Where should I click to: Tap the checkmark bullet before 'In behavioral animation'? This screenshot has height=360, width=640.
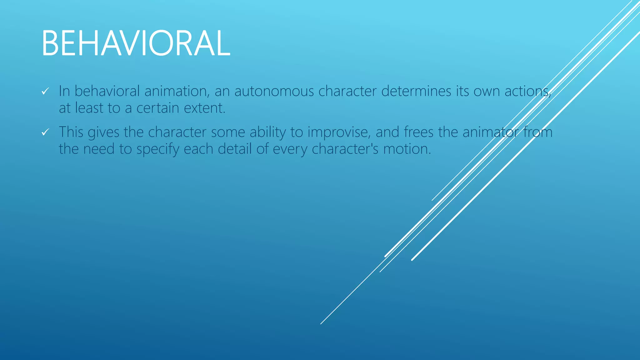[46, 91]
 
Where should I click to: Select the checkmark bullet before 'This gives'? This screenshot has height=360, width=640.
[46, 132]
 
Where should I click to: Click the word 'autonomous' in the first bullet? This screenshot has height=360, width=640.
[274, 91]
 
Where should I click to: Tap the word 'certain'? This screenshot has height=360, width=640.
[158, 108]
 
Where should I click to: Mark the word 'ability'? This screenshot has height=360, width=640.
[267, 132]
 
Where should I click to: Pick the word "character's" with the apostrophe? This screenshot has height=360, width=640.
[345, 149]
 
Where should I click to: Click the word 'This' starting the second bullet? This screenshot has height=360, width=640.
[71, 132]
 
